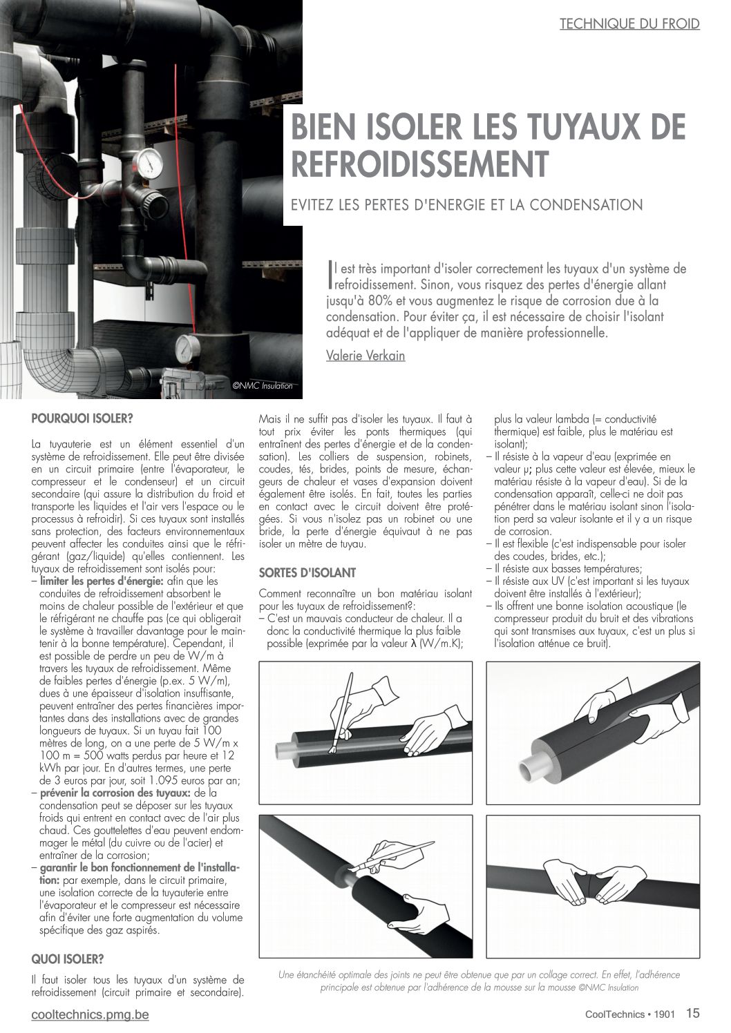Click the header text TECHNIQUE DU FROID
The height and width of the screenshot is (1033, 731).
[x=629, y=23]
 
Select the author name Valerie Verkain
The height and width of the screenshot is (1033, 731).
[x=365, y=356]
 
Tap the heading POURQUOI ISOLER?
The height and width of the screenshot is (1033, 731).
[x=82, y=418]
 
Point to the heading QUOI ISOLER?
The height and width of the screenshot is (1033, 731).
[x=68, y=959]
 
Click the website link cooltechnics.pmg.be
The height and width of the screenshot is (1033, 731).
[x=90, y=1014]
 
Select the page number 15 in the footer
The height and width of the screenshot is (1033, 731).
[x=693, y=1013]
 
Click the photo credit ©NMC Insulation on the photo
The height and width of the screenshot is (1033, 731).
[x=262, y=386]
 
